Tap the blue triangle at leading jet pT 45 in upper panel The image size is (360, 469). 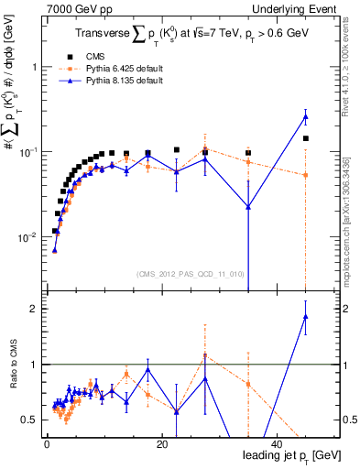click(306, 117)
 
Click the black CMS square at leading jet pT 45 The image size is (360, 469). click(306, 138)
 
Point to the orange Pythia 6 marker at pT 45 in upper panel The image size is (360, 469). click(306, 175)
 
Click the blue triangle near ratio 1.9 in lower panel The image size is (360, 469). click(306, 317)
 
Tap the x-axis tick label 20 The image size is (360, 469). click(161, 444)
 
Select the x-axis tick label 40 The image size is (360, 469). click(276, 444)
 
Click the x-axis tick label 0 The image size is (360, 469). click(47, 444)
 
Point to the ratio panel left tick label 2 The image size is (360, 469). click(35, 309)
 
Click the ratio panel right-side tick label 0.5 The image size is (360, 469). click(348, 420)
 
